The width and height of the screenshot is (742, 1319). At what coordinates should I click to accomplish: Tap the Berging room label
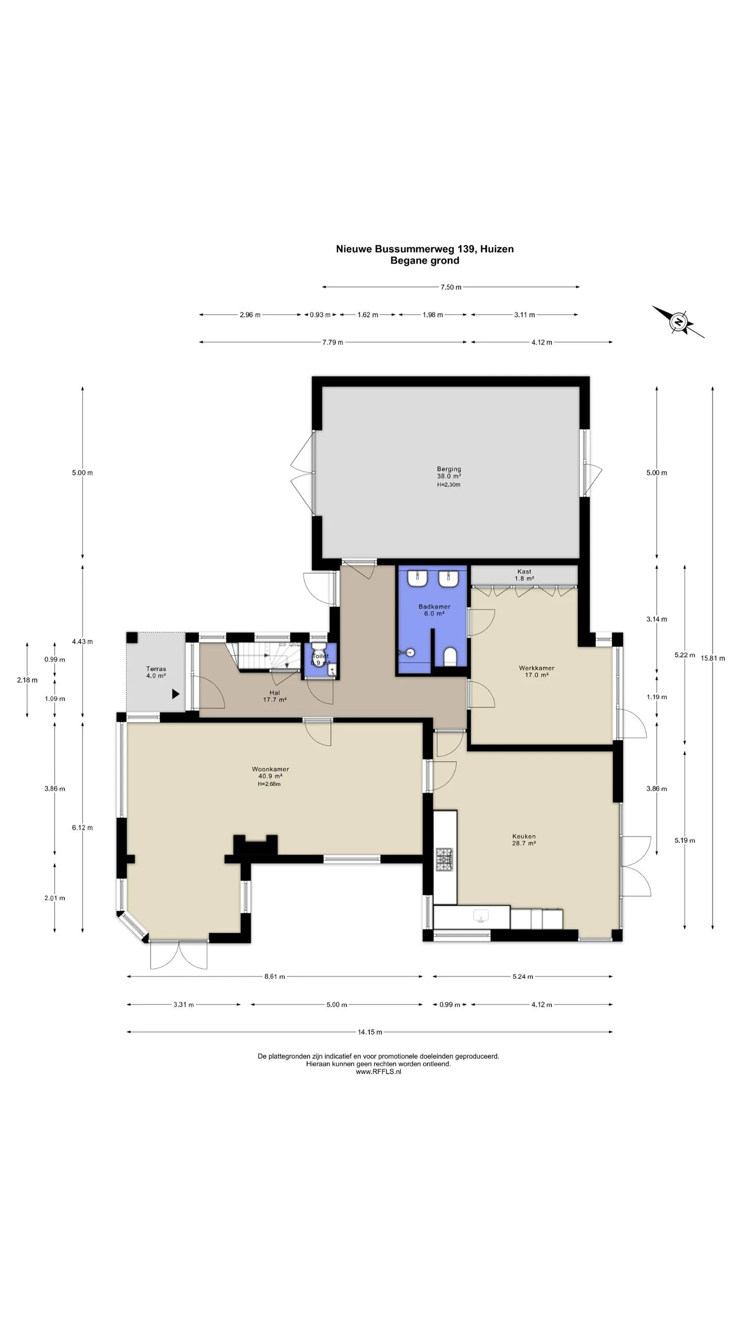click(x=449, y=469)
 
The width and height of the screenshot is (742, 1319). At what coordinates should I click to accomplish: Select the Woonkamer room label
click(x=271, y=769)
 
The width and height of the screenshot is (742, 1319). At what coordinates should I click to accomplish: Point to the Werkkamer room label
click(x=536, y=668)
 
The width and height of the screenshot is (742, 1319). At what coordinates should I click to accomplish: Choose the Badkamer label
click(x=434, y=606)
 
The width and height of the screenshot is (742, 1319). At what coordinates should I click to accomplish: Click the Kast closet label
click(x=524, y=571)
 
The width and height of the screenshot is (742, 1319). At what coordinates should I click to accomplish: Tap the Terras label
click(x=156, y=669)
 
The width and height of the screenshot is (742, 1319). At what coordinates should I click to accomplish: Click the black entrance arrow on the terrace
click(x=176, y=694)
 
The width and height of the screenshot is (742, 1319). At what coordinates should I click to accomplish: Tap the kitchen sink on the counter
click(x=481, y=916)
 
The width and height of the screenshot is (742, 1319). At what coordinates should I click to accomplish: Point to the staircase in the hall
click(x=266, y=656)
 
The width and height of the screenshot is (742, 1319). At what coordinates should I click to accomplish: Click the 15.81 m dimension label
click(x=713, y=658)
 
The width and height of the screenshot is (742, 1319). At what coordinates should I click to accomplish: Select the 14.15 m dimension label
click(x=370, y=1031)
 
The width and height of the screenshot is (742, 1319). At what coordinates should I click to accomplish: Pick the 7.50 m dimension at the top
click(x=451, y=287)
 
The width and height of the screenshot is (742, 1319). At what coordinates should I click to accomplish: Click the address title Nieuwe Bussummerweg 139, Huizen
click(x=425, y=249)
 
